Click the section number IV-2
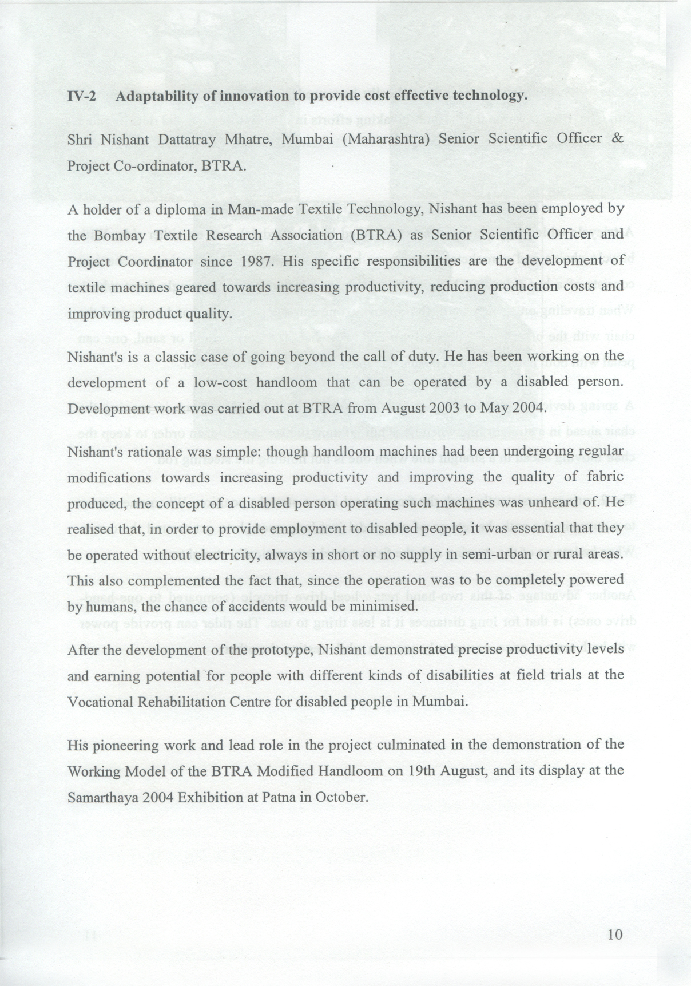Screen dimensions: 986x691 tap(81, 96)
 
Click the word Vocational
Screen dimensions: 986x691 tap(98, 702)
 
